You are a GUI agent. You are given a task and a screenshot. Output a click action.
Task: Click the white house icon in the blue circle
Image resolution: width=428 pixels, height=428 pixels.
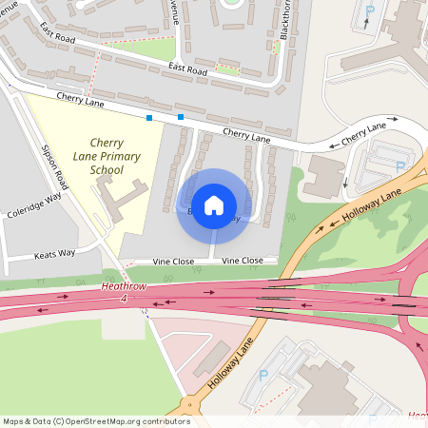click(214, 204)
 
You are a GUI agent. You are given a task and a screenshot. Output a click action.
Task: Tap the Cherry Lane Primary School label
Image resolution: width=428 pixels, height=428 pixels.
click(107, 155)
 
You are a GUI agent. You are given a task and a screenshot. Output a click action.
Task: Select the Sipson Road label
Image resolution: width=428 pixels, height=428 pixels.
click(56, 167)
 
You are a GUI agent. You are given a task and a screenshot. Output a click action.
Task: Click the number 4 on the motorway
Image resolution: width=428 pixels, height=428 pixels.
click(123, 300)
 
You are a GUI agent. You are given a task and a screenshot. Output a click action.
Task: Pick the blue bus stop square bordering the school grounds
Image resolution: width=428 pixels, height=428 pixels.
click(149, 118)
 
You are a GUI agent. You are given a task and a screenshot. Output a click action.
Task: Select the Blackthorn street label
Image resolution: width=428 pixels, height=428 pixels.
click(285, 19)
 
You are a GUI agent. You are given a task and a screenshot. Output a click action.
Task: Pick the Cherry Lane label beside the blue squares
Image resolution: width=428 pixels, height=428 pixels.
click(80, 98)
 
